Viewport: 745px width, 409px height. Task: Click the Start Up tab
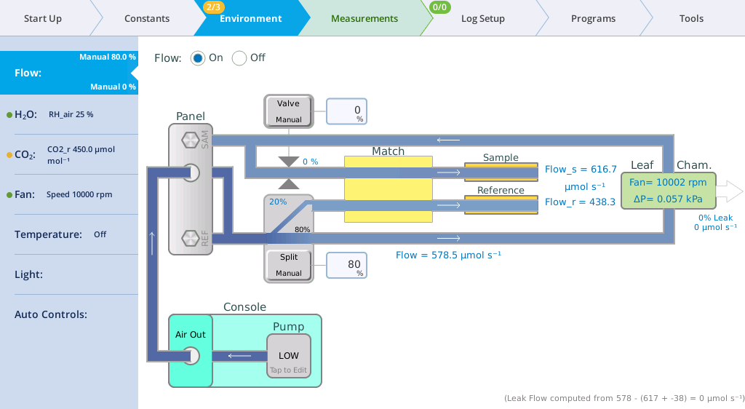click(43, 18)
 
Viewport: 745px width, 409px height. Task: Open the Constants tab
click(147, 18)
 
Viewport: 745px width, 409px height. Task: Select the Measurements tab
click(364, 18)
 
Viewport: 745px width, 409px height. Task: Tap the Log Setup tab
click(483, 18)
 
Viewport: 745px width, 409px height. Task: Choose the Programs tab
click(593, 18)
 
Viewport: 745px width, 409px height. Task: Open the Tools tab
click(691, 18)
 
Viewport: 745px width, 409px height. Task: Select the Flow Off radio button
click(239, 58)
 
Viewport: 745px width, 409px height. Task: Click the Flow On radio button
click(198, 58)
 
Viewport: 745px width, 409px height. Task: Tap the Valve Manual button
click(288, 111)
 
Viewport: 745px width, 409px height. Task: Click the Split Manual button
click(288, 265)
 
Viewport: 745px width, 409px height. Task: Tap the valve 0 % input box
click(346, 111)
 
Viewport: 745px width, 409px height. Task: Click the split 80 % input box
click(346, 265)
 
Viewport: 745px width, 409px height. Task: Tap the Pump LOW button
click(288, 357)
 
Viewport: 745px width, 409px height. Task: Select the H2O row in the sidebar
click(69, 114)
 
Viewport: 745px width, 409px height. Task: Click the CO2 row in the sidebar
click(69, 154)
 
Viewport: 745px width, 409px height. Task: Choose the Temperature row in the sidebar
click(69, 234)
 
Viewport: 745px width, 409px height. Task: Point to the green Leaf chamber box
click(668, 191)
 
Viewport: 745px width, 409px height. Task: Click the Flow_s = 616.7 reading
click(581, 169)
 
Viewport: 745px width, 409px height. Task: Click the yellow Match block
click(389, 189)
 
